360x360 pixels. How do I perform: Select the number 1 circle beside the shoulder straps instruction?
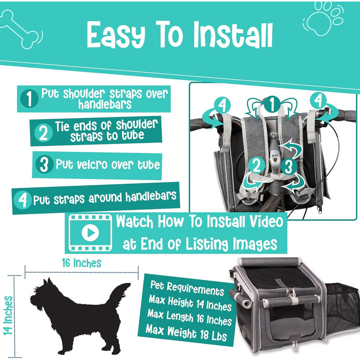(29, 99)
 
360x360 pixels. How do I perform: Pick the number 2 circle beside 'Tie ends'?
(43, 133)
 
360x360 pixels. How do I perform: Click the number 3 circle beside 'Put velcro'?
(44, 164)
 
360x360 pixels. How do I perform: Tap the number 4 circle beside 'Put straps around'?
(23, 200)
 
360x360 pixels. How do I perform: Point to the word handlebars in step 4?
(151, 196)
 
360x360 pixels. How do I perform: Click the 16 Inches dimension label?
(81, 263)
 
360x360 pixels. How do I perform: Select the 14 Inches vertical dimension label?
(8, 315)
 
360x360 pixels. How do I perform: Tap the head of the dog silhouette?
(43, 294)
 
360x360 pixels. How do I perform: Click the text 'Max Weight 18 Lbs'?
(186, 332)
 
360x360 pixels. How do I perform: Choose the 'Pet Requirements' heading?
(187, 289)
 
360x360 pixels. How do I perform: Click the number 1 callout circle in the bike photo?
(272, 104)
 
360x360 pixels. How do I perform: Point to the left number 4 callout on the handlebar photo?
(223, 105)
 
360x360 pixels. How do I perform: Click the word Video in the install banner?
(267, 221)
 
